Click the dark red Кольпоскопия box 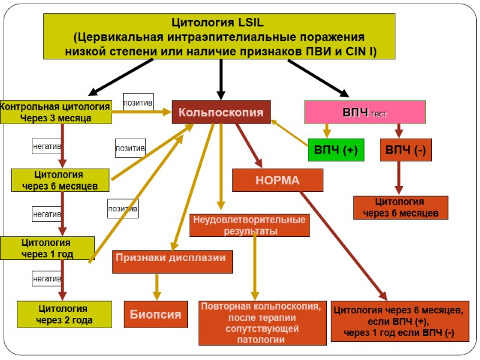[x=221, y=112]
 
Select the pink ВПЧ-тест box [x=365, y=112]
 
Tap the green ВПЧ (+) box [x=335, y=150]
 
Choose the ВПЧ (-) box [x=405, y=150]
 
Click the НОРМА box [x=277, y=180]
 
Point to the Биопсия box [x=155, y=314]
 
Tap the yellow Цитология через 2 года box [x=64, y=314]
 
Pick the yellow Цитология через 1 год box [x=47, y=248]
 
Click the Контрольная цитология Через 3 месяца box [x=56, y=112]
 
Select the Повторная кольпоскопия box [x=263, y=322]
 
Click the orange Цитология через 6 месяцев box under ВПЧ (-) [x=400, y=207]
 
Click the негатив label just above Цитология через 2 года [x=46, y=278]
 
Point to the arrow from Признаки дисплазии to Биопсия [x=157, y=286]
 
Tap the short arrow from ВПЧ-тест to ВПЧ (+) [x=326, y=130]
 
